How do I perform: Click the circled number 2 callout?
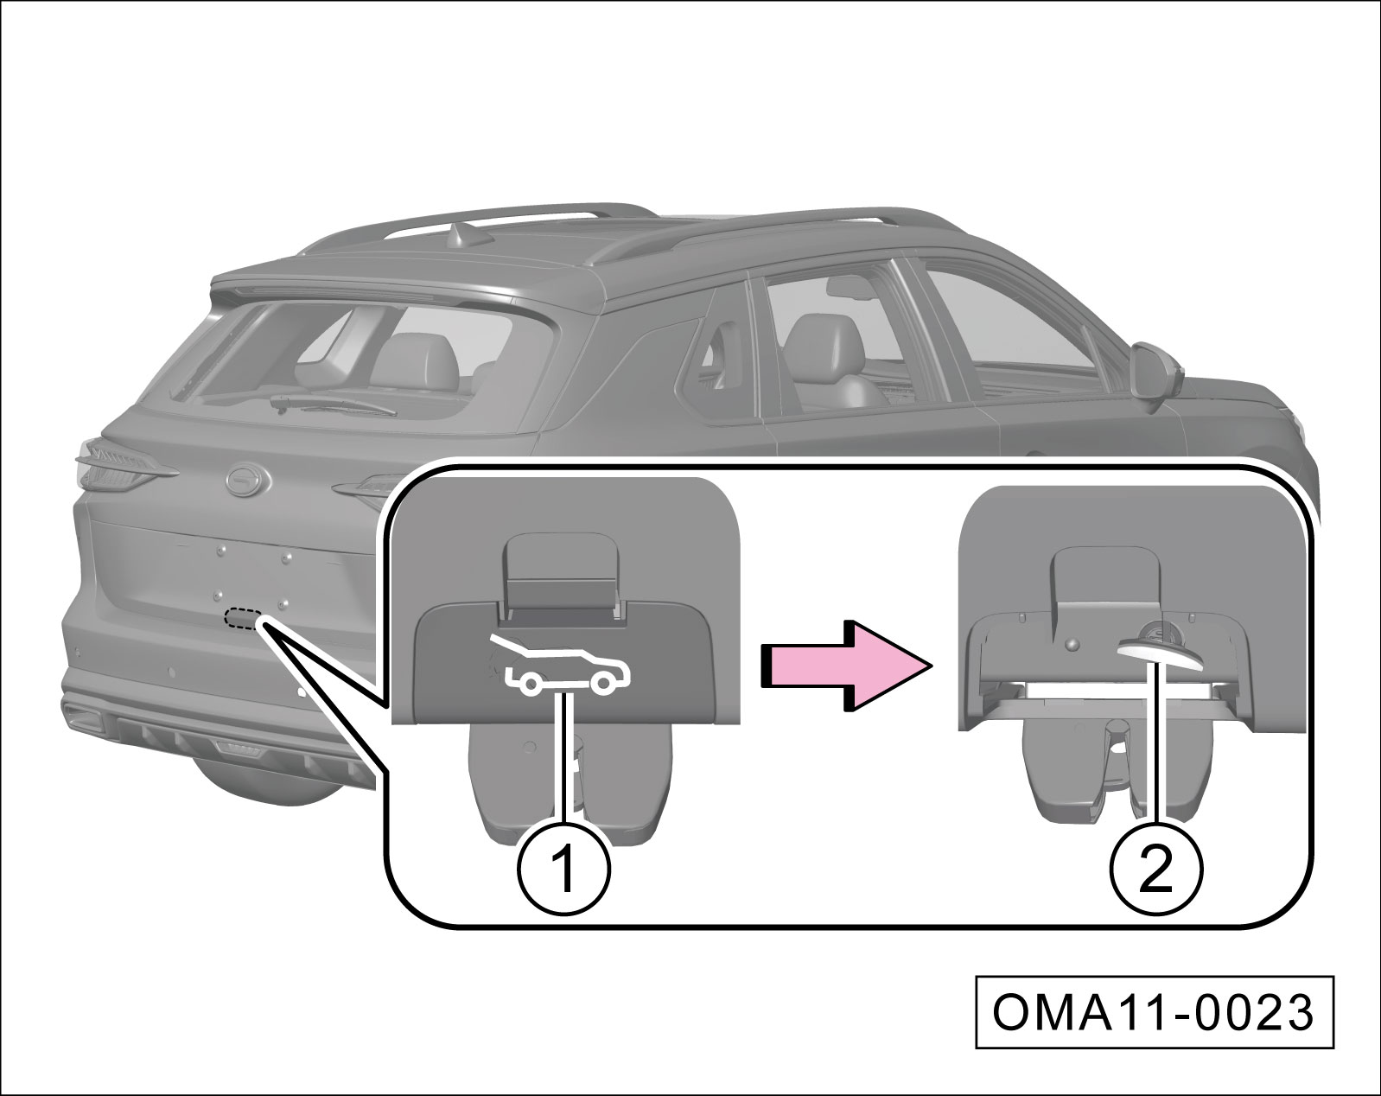[1156, 868]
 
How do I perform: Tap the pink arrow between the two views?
[846, 665]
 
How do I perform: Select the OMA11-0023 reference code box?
[1155, 1013]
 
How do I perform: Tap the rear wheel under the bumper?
[259, 778]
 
